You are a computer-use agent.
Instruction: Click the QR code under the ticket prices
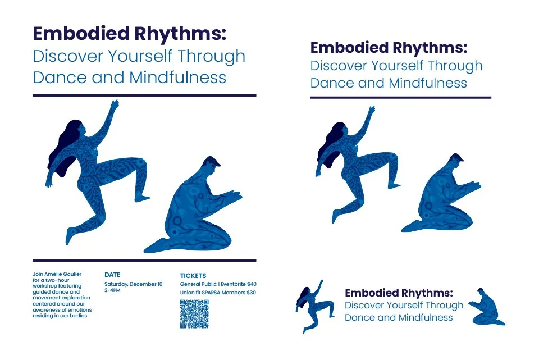[194, 314]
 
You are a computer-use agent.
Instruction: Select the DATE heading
[112, 275]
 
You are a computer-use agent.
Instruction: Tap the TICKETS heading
[193, 276]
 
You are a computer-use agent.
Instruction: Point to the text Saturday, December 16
[134, 284]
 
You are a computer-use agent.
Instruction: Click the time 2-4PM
[112, 291]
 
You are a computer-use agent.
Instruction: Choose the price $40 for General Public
[252, 284]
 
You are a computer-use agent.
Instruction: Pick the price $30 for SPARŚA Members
[251, 293]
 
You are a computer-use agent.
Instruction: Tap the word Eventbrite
[233, 284]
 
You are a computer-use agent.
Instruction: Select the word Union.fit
[191, 293]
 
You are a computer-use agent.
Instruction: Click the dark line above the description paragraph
[144, 261]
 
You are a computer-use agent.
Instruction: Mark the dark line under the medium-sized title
[400, 98]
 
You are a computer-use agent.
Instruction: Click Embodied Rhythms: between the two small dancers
[399, 293]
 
